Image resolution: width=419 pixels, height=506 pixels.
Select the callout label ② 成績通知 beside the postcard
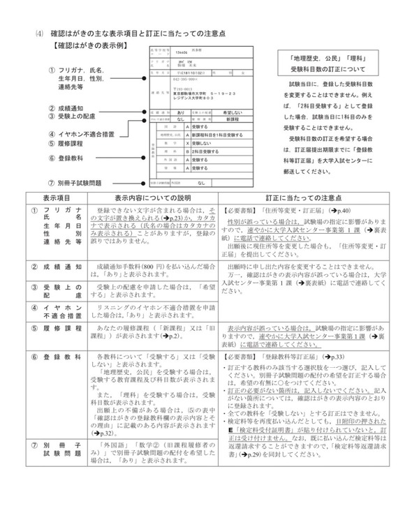(71, 108)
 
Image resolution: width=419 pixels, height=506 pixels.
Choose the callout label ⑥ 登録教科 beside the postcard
(71, 158)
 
